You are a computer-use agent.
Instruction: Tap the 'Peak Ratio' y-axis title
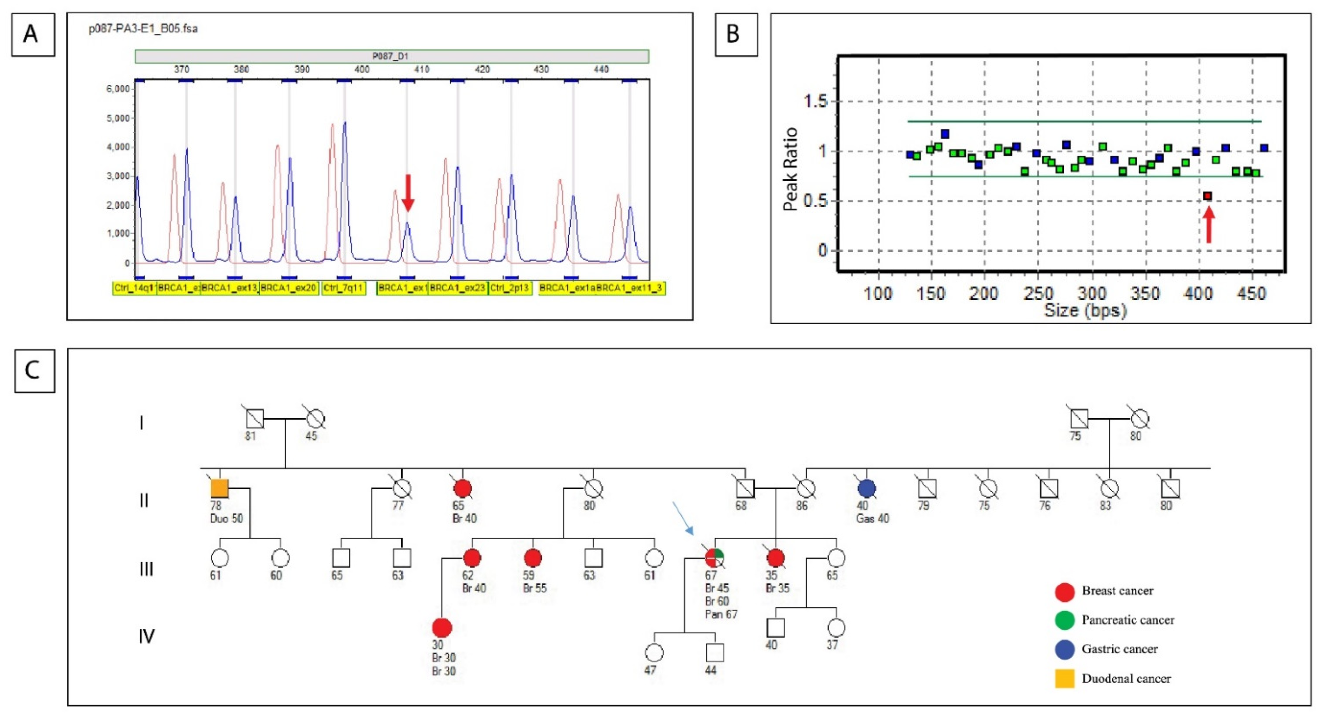point(791,169)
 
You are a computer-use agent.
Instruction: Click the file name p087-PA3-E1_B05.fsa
point(144,29)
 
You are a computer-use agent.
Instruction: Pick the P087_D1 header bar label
point(390,56)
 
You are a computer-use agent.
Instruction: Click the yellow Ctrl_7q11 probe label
point(343,288)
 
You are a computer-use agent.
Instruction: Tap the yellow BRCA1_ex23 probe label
point(458,288)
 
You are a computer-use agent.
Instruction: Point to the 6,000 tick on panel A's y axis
point(118,89)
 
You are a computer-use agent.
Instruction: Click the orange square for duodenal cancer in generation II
point(220,488)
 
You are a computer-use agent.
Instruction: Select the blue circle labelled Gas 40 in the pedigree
point(866,488)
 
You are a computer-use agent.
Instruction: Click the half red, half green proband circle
point(715,557)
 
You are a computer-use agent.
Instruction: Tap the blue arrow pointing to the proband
point(683,518)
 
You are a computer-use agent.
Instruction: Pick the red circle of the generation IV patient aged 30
point(442,627)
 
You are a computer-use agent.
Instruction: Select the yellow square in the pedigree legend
point(1064,679)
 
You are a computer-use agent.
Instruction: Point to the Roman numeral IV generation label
point(147,636)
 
